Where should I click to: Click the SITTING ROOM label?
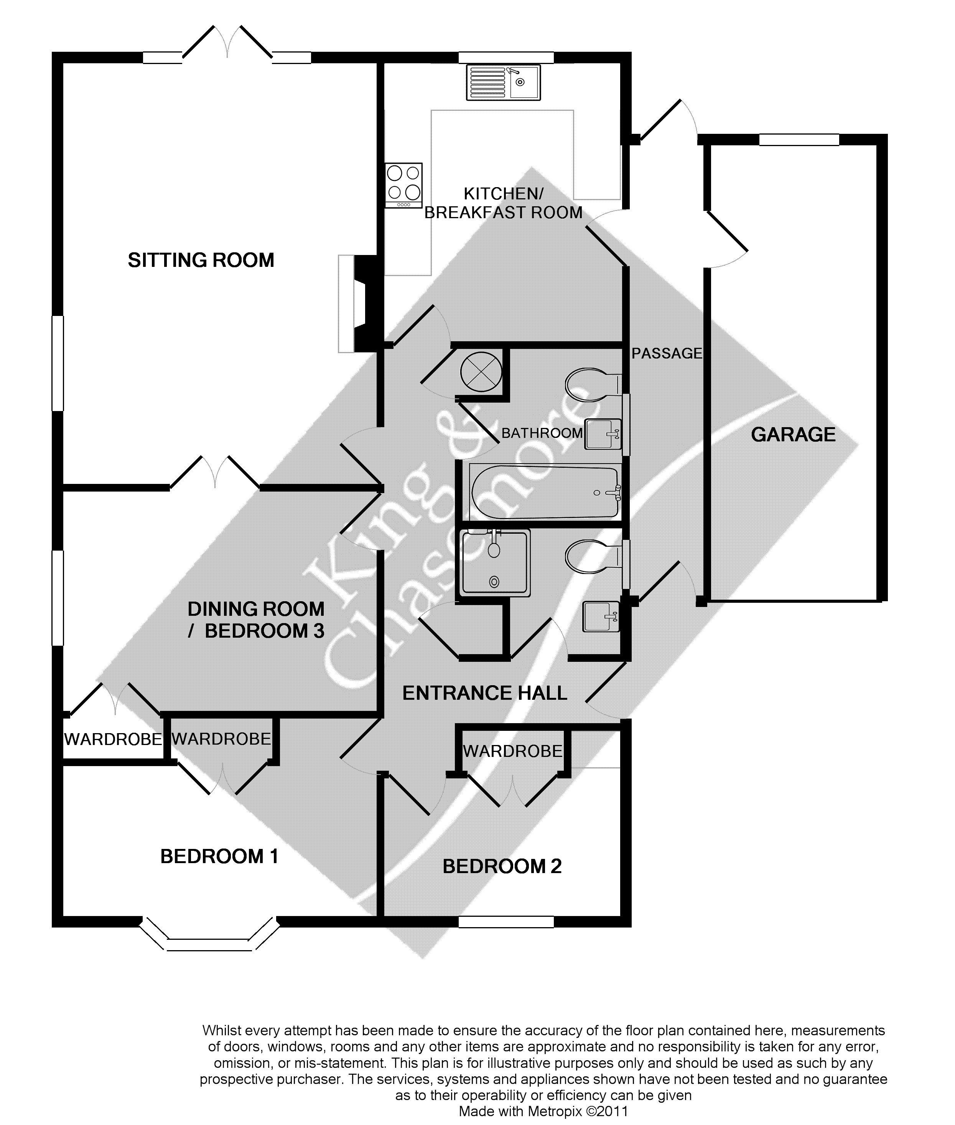201,260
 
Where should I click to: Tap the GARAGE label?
793,434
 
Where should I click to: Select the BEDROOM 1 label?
219,857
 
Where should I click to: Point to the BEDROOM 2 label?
502,866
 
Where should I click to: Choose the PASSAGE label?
667,354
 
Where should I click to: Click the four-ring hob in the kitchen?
404,184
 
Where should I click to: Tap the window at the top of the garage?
799,140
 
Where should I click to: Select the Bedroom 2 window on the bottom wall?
505,921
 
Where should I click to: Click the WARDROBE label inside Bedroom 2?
512,751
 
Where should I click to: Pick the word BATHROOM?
542,433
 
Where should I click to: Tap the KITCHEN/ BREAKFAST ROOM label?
503,203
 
